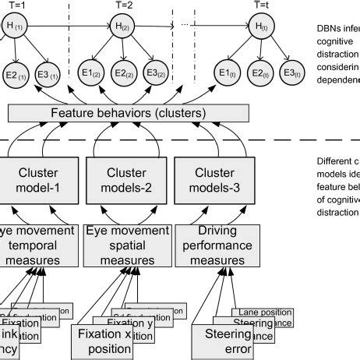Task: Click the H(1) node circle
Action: tap(16, 29)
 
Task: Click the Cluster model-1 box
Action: tap(36, 183)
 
